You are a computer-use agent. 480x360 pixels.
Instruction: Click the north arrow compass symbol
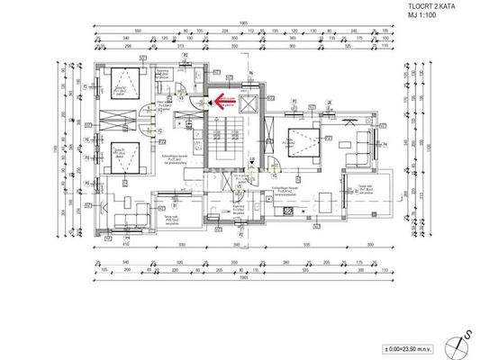[x=465, y=339]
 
